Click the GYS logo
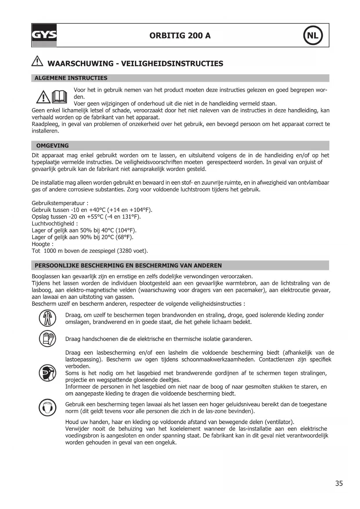point(44,35)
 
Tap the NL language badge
point(313,35)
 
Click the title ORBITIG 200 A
point(180,36)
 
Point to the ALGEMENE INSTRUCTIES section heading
point(71,78)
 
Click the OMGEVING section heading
point(53,146)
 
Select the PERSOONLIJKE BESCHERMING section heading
point(128,266)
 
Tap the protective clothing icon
point(47,318)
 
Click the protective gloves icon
point(47,338)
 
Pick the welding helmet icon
point(47,373)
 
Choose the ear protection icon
point(47,407)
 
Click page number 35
point(339,483)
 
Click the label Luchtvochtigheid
point(53,223)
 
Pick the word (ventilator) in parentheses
point(279,422)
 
